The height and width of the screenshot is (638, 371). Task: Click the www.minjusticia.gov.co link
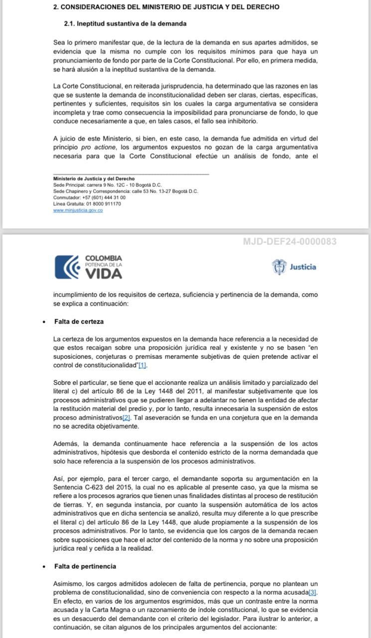coord(78,210)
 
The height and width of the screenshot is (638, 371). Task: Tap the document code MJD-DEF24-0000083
coord(289,242)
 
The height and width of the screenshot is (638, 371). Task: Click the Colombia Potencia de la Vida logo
coord(88,267)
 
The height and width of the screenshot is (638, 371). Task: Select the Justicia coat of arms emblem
coord(279,267)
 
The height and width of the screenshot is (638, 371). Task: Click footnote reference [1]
coord(142,365)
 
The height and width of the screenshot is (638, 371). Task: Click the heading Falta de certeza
coord(79,321)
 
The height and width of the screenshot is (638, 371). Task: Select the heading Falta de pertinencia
coord(85,566)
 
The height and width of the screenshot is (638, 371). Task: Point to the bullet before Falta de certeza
coord(44,321)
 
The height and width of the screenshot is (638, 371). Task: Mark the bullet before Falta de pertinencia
coord(44,566)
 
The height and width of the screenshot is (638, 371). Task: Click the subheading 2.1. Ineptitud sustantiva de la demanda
coord(125,23)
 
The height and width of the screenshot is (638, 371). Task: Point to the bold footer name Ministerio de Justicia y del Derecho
coord(94,178)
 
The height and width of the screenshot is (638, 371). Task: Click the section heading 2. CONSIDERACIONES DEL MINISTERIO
coord(166,7)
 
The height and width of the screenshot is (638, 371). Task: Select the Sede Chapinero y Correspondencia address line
coord(125,191)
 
